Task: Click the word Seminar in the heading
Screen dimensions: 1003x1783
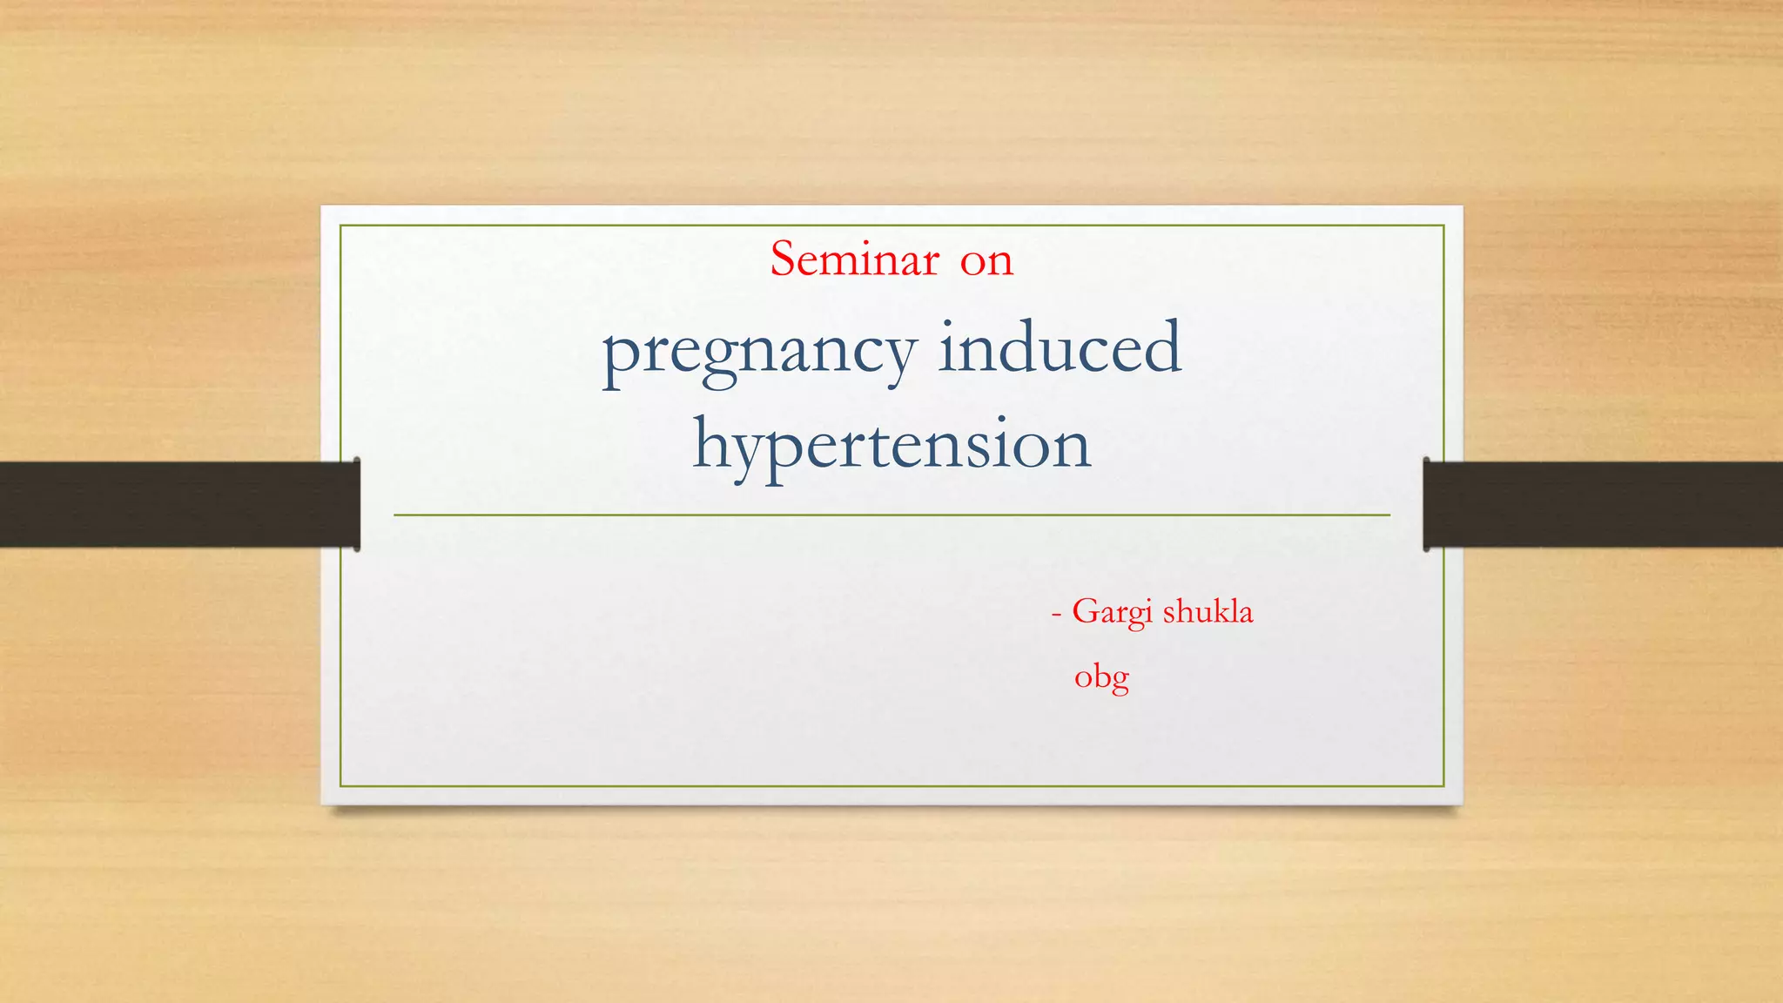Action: click(x=854, y=259)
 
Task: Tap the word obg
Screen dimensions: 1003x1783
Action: click(x=1101, y=677)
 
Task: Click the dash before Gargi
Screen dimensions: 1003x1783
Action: click(x=1056, y=614)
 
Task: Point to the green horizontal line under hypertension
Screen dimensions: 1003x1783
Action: click(x=891, y=515)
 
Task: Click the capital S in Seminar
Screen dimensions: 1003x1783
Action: click(x=784, y=259)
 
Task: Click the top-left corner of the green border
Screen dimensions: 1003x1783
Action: click(x=340, y=226)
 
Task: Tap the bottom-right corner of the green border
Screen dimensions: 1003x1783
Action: click(x=1443, y=786)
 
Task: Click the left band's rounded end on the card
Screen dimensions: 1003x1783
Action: click(x=356, y=504)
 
